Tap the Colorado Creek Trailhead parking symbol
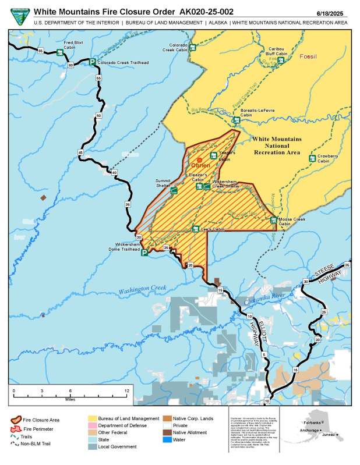coord(92,62)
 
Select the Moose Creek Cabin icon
coord(274,219)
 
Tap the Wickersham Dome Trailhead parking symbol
coord(144,253)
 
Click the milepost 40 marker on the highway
coord(114,173)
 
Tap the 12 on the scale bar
coord(126,390)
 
